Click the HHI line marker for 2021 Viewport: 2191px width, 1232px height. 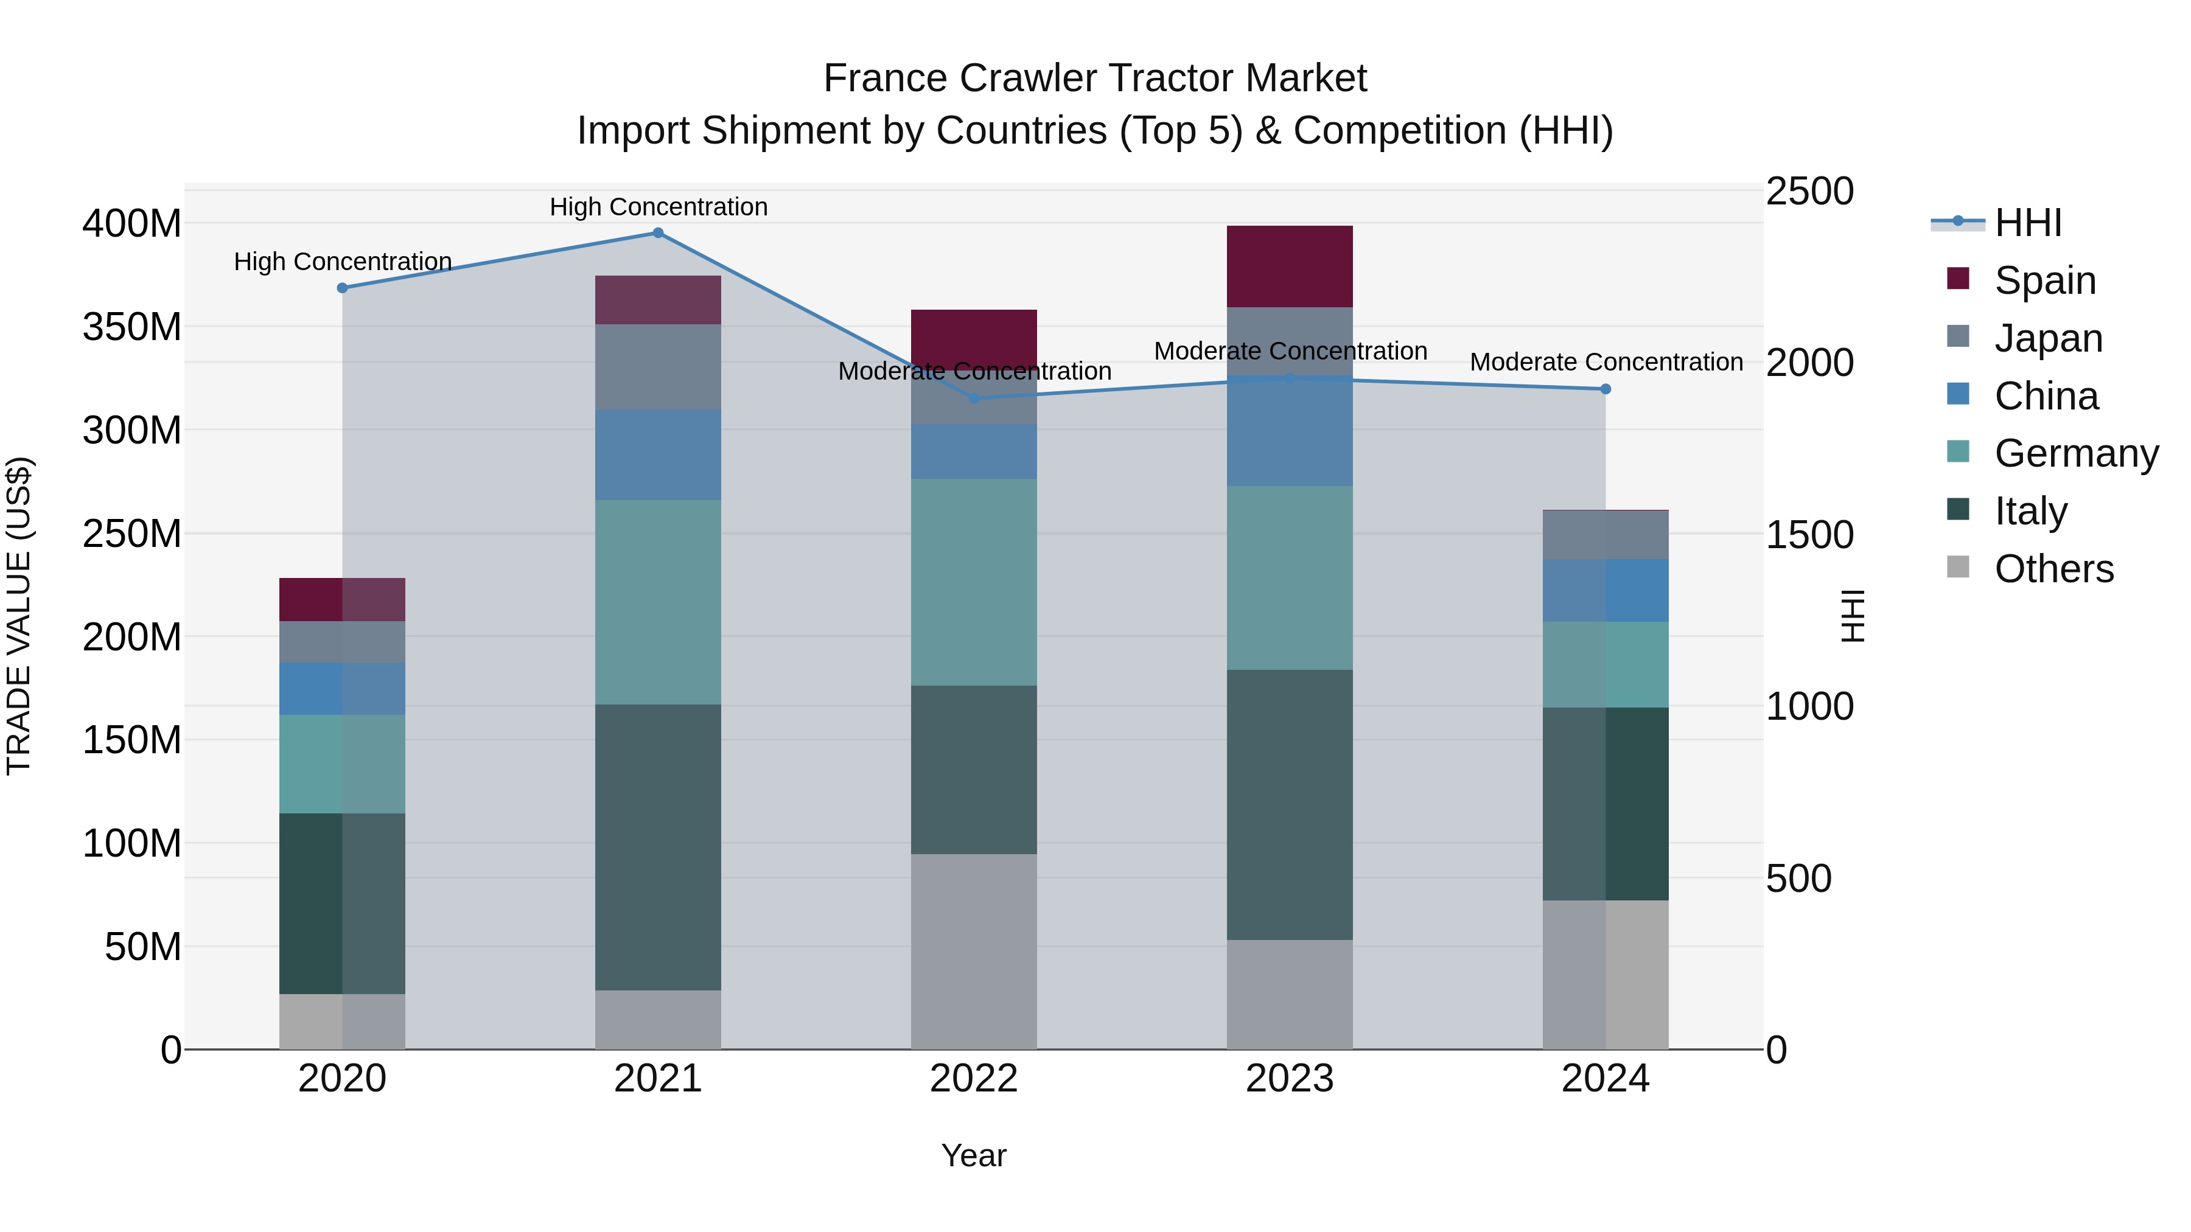657,233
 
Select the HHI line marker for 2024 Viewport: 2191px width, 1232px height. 1605,389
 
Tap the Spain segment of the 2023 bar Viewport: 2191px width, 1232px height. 1290,266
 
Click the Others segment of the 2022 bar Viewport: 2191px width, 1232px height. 974,952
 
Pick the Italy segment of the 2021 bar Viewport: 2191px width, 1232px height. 657,847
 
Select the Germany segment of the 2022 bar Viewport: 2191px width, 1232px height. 974,582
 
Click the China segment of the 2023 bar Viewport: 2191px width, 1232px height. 1290,432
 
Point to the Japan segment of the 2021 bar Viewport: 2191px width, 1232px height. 657,367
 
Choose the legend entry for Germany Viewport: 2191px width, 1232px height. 2075,453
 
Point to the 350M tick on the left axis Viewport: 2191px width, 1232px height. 132,327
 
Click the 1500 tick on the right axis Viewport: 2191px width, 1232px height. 1809,535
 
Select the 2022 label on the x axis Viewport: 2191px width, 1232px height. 974,1079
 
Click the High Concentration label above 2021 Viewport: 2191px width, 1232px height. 659,207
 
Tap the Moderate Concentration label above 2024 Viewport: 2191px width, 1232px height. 1606,362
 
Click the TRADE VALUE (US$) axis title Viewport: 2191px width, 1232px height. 19,616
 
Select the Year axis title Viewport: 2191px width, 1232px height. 974,1155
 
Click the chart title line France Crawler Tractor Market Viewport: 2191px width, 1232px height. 1095,78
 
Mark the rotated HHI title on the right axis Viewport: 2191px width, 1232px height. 1851,616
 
